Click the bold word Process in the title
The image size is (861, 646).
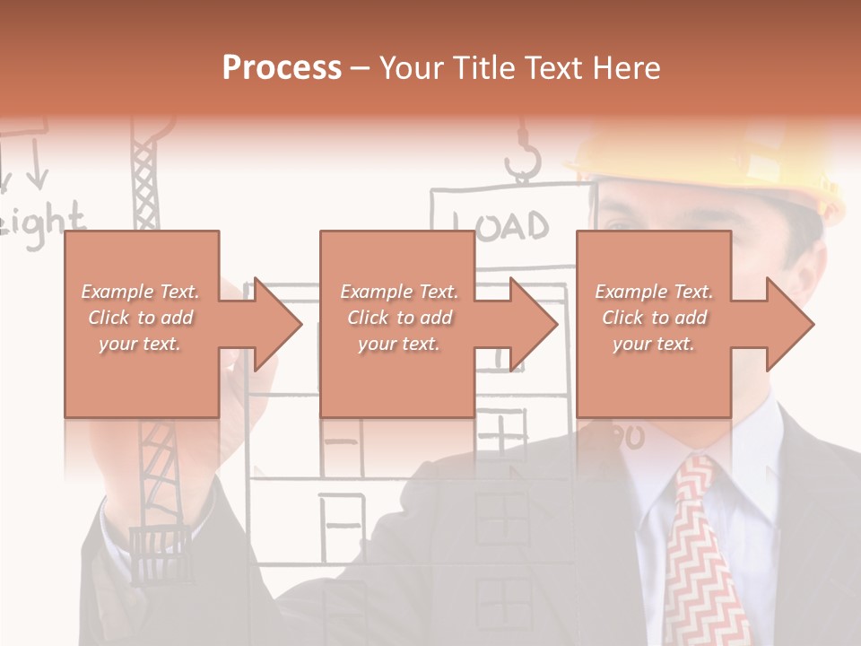pyautogui.click(x=282, y=68)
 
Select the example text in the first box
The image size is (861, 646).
pyautogui.click(x=140, y=318)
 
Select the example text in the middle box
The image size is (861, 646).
pyautogui.click(x=399, y=318)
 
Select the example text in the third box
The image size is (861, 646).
pyautogui.click(x=654, y=318)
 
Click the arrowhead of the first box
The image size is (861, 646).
pyautogui.click(x=277, y=324)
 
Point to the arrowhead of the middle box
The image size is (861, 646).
pyautogui.click(x=533, y=324)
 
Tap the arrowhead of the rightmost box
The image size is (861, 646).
pyautogui.click(x=789, y=324)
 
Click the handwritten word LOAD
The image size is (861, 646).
pyautogui.click(x=500, y=225)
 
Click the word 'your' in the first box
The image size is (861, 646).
pyautogui.click(x=117, y=344)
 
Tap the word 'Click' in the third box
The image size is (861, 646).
pyautogui.click(x=622, y=318)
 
